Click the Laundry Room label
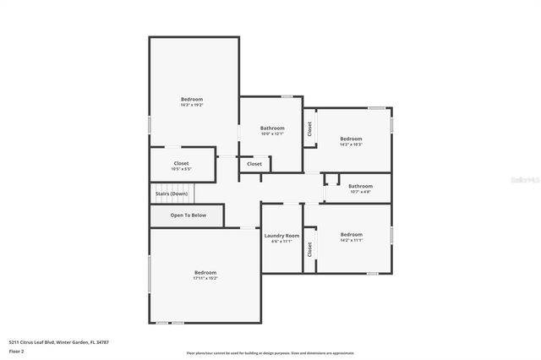click(281, 236)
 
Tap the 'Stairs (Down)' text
click(172, 194)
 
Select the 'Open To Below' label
click(188, 215)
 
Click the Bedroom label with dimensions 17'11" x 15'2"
click(205, 272)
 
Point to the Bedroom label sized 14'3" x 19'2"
click(192, 100)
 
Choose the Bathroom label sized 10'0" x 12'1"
click(272, 128)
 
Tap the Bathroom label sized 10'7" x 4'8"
click(360, 186)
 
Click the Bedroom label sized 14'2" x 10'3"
click(351, 139)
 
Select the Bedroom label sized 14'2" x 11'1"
click(351, 234)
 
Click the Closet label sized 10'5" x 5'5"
click(182, 163)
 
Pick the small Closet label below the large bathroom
click(254, 164)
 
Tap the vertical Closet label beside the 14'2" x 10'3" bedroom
click(310, 128)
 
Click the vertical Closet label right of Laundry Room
click(310, 249)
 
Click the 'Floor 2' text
click(17, 351)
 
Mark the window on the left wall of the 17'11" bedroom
click(150, 275)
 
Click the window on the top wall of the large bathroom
click(287, 96)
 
